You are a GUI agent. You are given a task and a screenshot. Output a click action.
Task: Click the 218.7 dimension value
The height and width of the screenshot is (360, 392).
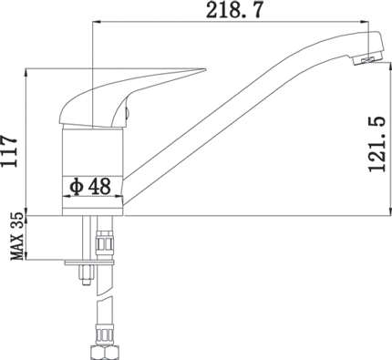(233, 10)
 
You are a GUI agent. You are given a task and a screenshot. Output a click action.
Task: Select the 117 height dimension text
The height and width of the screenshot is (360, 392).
(8, 150)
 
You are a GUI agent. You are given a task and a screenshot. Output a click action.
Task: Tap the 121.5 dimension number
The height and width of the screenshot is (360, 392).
(377, 144)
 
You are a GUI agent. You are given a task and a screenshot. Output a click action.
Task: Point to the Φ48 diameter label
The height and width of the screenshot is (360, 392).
(90, 186)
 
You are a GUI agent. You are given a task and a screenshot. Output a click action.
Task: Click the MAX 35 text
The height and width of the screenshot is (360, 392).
(17, 236)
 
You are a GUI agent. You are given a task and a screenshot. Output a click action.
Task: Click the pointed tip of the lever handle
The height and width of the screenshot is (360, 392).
(206, 69)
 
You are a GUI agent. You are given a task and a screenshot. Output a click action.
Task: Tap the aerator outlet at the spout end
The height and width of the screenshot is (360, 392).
(367, 59)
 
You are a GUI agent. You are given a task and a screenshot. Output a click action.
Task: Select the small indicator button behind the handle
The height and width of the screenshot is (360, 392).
(128, 112)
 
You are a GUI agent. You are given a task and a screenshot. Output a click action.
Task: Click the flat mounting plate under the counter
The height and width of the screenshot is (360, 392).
(89, 262)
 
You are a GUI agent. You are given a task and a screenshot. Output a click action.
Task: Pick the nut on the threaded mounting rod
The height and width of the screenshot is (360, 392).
(86, 272)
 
